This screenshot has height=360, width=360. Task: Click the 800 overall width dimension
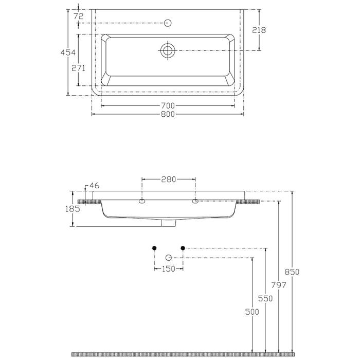tap(168, 114)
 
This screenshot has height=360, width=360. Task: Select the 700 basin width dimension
tap(168, 106)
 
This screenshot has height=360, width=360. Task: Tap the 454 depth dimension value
tap(68, 52)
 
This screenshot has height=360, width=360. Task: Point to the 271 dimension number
tap(78, 68)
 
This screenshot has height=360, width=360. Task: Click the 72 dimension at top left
tap(78, 16)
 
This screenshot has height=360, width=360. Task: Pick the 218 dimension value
tap(259, 30)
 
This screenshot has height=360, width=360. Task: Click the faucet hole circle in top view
tap(167, 23)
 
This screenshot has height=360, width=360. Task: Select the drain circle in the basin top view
tap(168, 50)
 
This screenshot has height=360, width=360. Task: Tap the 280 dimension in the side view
tap(168, 179)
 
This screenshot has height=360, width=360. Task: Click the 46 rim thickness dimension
tap(94, 185)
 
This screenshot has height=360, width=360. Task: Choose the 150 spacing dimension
tap(168, 268)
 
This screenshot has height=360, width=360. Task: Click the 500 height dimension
tap(253, 312)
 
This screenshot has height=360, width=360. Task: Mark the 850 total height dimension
tap(292, 272)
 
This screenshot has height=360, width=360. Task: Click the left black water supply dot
tap(154, 248)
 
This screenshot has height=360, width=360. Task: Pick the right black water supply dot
tap(183, 248)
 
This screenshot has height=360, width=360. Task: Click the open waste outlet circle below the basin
tap(168, 257)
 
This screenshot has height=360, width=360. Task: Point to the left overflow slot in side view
tap(141, 201)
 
